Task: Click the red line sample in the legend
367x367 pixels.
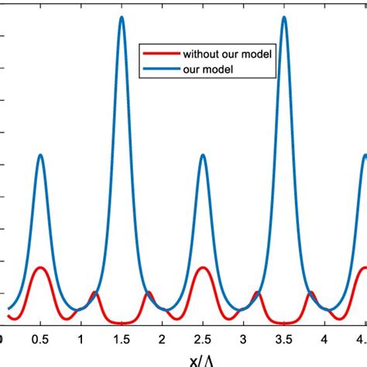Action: tap(159, 54)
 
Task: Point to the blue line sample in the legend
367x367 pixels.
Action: tap(159, 69)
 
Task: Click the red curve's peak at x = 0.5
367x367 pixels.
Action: tap(40, 268)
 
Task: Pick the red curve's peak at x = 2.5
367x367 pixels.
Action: tap(203, 268)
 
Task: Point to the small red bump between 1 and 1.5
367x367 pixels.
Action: tap(94, 293)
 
